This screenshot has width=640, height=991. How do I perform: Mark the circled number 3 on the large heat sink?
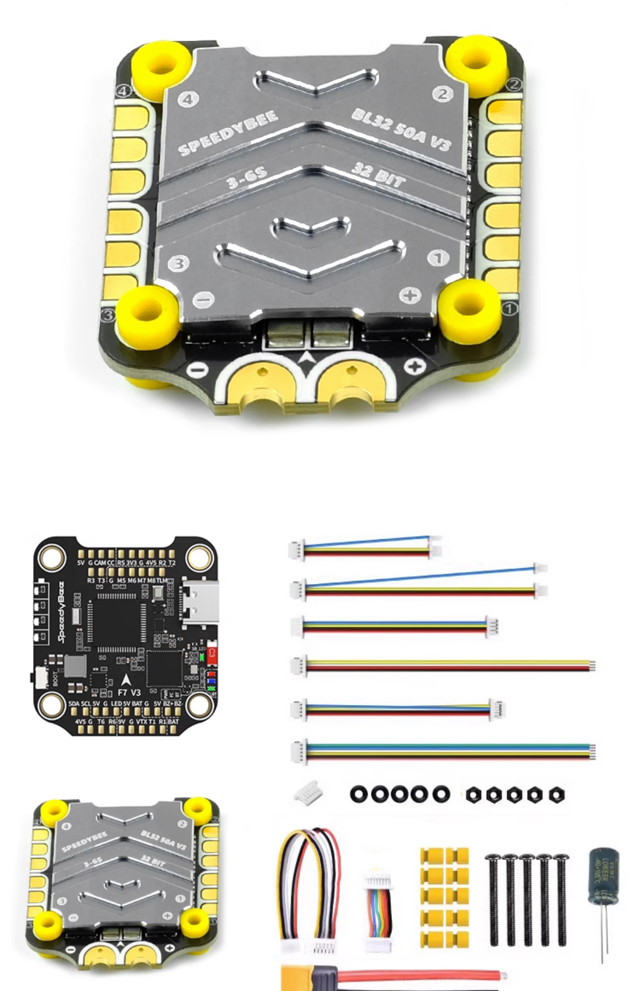tap(179, 263)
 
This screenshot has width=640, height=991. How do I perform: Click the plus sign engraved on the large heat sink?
tap(410, 295)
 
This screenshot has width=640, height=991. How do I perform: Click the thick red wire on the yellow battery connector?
tap(420, 974)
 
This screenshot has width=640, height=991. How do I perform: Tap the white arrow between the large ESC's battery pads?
tap(307, 357)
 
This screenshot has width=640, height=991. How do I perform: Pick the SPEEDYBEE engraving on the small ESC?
tap(84, 841)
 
